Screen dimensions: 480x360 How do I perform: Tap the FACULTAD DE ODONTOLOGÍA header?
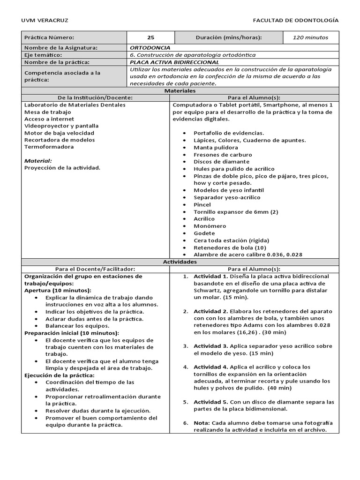(295, 21)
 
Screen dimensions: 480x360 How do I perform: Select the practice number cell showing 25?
(150, 37)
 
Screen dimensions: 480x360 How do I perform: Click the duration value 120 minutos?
(310, 37)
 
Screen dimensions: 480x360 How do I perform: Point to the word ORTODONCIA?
(150, 48)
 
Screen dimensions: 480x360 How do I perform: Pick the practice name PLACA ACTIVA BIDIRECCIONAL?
(174, 62)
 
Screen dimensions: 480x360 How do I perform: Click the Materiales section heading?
(180, 90)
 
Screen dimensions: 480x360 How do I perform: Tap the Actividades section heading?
(180, 262)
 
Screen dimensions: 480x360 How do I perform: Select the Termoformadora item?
(49, 147)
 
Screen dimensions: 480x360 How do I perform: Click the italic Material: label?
(37, 161)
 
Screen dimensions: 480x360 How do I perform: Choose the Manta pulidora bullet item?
(216, 148)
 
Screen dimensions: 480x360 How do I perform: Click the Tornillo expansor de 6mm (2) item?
(236, 212)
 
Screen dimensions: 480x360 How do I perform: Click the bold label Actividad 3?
(210, 346)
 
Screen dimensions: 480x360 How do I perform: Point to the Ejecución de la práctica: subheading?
(59, 375)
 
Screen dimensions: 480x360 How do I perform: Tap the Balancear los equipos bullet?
(77, 326)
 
